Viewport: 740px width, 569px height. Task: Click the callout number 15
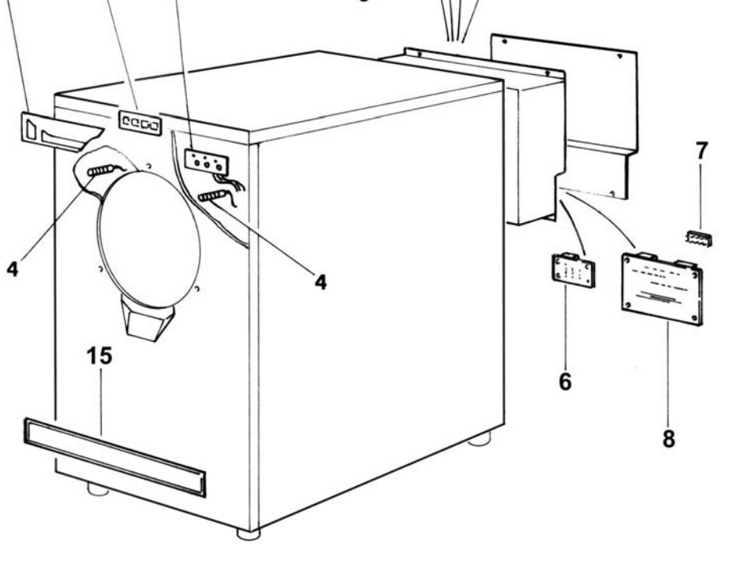click(x=99, y=356)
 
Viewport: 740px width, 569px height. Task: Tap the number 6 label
click(x=565, y=381)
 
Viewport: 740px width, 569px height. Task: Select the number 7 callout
click(x=701, y=149)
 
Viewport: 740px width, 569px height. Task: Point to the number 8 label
click(x=668, y=438)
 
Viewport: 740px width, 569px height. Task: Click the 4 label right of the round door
click(x=320, y=281)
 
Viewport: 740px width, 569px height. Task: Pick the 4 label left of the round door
click(x=12, y=268)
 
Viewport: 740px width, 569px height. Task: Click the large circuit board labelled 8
click(x=661, y=288)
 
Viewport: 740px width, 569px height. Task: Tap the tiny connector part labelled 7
click(x=698, y=237)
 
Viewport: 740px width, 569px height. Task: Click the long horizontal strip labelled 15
click(x=114, y=456)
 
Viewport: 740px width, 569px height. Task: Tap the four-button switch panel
click(x=139, y=123)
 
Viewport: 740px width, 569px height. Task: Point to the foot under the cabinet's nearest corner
click(x=249, y=534)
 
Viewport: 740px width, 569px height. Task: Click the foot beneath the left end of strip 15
click(x=98, y=489)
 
